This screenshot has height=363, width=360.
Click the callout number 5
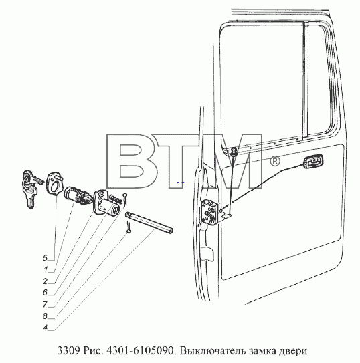pos(45,258)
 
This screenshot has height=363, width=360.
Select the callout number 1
pos(46,269)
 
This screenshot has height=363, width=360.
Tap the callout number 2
pos(46,281)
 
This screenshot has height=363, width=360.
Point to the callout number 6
pos(45,293)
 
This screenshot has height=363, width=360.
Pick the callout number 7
pos(46,304)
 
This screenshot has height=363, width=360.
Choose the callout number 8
pos(45,316)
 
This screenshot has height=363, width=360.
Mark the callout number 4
pos(46,328)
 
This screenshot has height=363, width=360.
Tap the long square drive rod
pos(149,223)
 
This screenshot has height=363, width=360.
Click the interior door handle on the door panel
pos(312,161)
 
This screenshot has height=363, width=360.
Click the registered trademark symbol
pos(275,161)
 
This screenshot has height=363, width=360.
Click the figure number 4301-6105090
pos(140,351)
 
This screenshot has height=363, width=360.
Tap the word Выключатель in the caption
pos(212,351)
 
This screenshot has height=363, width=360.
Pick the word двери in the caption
pos(294,351)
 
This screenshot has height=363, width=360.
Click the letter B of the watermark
pos(131,161)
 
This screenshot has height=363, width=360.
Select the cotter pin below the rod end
pos(128,227)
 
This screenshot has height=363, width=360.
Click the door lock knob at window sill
pos(234,151)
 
